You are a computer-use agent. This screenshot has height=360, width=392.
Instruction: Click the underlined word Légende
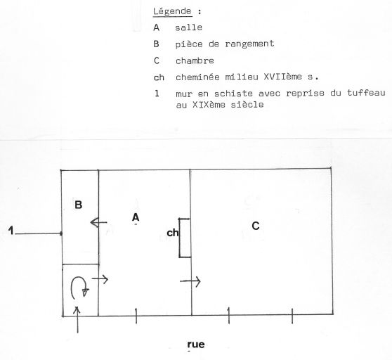172,11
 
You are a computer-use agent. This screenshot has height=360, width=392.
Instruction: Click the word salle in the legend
188,27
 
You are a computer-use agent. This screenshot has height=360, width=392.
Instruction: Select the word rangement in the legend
249,44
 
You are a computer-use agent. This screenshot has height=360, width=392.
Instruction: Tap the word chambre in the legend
195,60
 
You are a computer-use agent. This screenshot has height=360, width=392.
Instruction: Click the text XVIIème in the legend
282,77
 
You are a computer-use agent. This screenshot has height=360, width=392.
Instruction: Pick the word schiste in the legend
233,94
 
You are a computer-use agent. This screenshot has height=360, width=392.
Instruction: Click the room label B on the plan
79,205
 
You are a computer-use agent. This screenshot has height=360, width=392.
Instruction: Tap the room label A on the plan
136,217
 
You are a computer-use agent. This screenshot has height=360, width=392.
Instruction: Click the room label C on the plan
256,226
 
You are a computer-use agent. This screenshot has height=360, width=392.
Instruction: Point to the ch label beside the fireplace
173,233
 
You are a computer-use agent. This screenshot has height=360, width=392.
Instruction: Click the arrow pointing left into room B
98,222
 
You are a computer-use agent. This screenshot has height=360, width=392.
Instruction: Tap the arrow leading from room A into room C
190,281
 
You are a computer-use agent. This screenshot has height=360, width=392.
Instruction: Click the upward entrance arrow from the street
77,320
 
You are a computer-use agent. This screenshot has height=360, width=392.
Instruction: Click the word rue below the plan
196,345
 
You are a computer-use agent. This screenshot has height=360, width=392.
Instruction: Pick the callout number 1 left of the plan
11,231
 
